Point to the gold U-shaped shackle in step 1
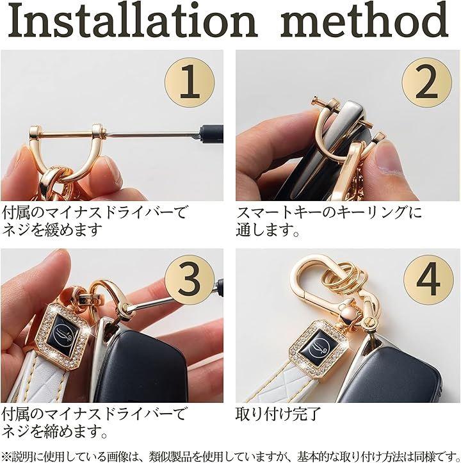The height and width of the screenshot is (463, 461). (x=67, y=150)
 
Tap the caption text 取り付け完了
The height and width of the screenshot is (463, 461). (x=278, y=414)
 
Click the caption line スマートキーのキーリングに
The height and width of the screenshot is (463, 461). (x=328, y=212)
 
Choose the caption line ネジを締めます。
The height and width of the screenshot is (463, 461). (x=55, y=432)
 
